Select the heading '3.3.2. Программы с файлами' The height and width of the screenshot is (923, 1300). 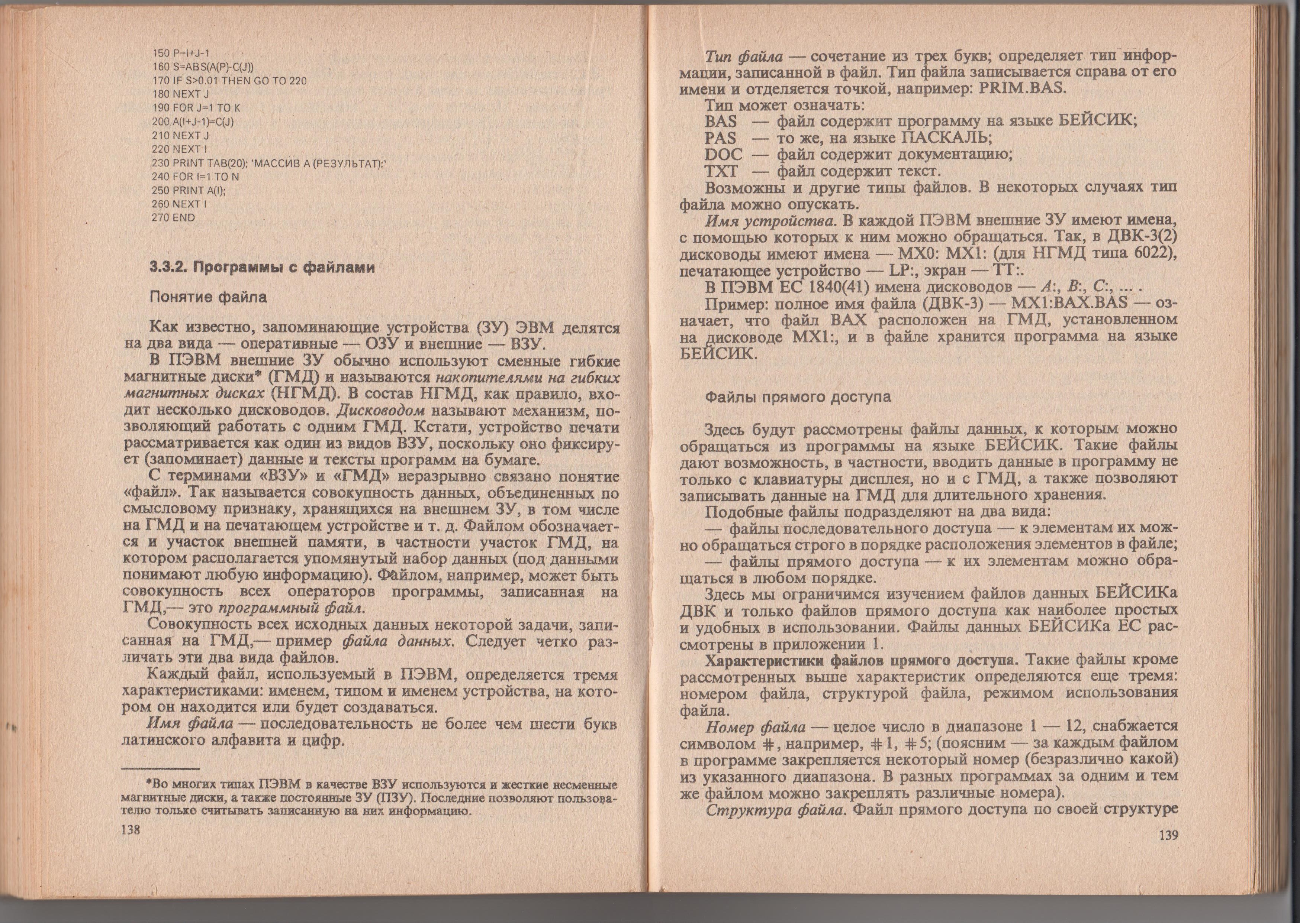coord(261,267)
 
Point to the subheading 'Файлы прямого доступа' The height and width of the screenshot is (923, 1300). coord(797,397)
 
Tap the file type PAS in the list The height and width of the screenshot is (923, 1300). coord(720,138)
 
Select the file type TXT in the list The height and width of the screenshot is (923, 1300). coord(721,171)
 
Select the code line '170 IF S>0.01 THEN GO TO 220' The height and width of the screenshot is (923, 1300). coord(230,80)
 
